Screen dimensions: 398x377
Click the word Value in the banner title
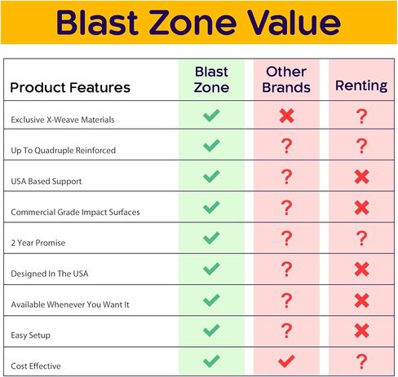294,22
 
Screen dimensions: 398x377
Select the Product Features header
70,87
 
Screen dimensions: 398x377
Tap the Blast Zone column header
211,80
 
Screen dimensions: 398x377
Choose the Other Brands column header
286,80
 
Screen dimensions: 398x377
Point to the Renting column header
361,86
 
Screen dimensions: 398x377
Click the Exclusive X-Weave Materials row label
63,120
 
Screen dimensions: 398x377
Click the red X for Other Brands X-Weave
286,116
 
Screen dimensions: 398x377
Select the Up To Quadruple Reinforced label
63,151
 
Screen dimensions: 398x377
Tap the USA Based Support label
46,181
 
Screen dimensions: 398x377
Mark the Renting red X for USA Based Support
361,177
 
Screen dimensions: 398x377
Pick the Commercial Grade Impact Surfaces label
75,212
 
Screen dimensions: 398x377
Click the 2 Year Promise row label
38,243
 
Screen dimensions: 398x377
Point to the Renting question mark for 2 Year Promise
361,239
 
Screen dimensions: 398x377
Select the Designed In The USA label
50,274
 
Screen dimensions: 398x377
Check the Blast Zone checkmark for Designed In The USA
211,269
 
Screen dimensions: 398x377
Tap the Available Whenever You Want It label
70,305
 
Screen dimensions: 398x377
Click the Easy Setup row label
30,335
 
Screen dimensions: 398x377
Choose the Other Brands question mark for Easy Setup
286,331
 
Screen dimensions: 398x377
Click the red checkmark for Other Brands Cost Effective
286,362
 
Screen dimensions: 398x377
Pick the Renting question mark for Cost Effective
361,362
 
